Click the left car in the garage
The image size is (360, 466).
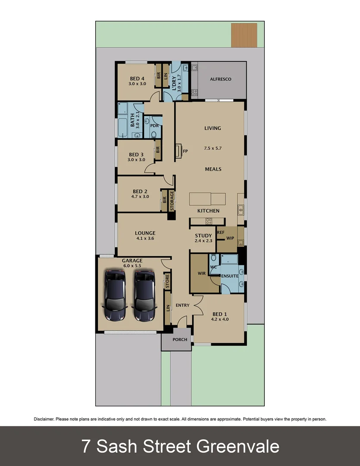pyautogui.click(x=115, y=296)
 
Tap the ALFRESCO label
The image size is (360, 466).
pyautogui.click(x=221, y=79)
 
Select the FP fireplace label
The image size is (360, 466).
pyautogui.click(x=185, y=152)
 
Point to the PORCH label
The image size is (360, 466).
pyautogui.click(x=180, y=340)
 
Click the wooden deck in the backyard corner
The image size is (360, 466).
pyautogui.click(x=244, y=35)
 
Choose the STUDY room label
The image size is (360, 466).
pyautogui.click(x=203, y=236)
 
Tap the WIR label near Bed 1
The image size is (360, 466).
pyautogui.click(x=201, y=274)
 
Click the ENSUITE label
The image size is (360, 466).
pyautogui.click(x=230, y=276)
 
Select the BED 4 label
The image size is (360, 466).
pyautogui.click(x=137, y=79)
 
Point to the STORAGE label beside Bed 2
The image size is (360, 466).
pyautogui.click(x=172, y=201)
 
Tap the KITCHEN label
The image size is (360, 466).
pyautogui.click(x=208, y=211)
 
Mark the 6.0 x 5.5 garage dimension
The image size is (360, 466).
pyautogui.click(x=132, y=266)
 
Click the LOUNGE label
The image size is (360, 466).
pyautogui.click(x=145, y=233)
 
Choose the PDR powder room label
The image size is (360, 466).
pyautogui.click(x=153, y=126)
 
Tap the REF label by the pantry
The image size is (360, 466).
pyautogui.click(x=221, y=232)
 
